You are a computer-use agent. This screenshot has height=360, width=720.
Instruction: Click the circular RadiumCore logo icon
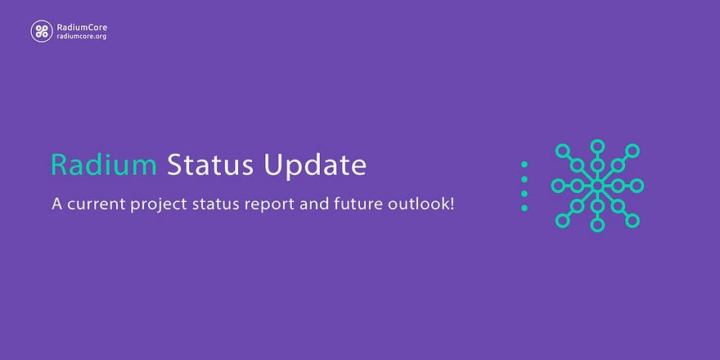click(42, 31)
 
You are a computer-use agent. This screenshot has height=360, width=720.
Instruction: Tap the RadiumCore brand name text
click(82, 27)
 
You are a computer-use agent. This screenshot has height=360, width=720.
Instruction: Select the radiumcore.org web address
click(81, 36)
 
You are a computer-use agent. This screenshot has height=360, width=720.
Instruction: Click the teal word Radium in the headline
click(104, 165)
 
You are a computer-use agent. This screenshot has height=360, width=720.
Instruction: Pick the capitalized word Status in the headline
click(210, 165)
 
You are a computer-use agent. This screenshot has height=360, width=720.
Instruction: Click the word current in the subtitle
click(97, 204)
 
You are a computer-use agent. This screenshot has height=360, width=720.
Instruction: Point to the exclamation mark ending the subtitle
click(452, 204)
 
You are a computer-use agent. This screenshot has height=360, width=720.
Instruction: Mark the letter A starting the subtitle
click(57, 204)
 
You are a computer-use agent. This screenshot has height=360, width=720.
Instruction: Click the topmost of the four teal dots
click(524, 164)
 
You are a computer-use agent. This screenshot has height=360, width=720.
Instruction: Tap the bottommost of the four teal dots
click(524, 208)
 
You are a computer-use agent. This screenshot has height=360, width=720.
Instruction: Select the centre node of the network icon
click(597, 186)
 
